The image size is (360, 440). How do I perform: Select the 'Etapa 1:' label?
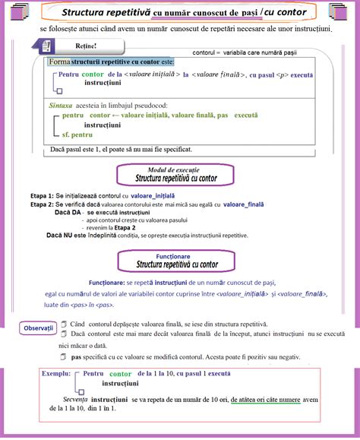click(44, 195)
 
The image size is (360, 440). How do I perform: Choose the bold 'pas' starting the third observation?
click(75, 356)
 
